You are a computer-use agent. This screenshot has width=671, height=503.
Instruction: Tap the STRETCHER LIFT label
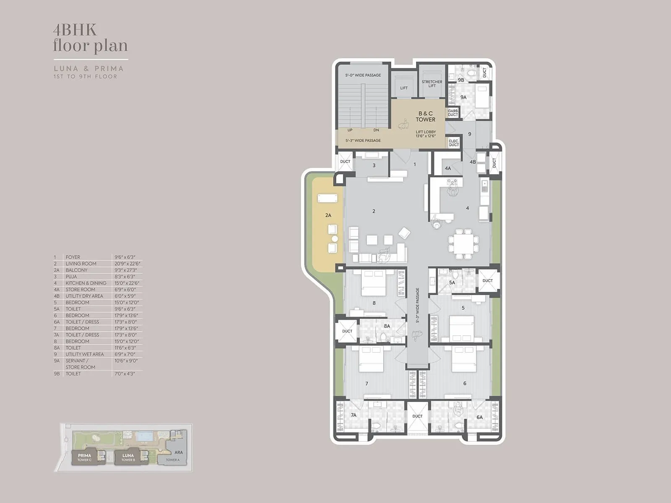[432, 84]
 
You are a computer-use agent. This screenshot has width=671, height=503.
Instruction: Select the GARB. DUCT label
[453, 113]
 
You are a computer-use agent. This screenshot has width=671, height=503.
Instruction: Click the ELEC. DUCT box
[454, 143]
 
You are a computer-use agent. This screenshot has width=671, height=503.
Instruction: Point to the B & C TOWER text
[425, 116]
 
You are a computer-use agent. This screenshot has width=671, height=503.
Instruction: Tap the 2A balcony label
[328, 215]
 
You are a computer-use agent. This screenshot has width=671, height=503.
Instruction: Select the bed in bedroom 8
[373, 283]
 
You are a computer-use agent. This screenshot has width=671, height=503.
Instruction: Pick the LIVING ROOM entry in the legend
[81, 264]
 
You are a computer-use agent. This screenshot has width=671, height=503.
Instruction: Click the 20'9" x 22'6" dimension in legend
[127, 264]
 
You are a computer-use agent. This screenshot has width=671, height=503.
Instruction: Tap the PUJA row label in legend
[71, 277]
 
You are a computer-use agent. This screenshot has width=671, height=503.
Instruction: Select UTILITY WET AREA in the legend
[85, 354]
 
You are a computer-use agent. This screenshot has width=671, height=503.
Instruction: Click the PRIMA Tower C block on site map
[84, 457]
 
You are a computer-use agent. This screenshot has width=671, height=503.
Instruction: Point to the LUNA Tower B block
[128, 457]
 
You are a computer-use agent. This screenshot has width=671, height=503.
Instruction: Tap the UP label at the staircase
[350, 130]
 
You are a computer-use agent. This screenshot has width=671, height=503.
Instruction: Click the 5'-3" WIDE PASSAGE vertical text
[418, 305]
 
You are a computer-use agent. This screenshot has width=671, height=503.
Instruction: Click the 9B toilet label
[461, 80]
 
